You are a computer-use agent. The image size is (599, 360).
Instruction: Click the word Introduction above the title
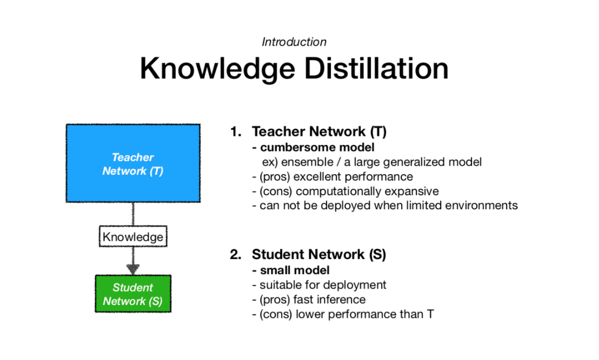point(294,42)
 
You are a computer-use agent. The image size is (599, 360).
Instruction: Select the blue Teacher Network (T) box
point(133,163)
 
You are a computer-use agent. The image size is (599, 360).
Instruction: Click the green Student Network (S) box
point(133,294)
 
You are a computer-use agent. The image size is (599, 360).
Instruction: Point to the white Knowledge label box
point(132,237)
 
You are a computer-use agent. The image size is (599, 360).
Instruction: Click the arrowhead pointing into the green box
point(133,269)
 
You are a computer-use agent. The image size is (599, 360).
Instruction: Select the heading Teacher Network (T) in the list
point(319,131)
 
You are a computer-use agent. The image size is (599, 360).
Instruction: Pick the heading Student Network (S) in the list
point(318,254)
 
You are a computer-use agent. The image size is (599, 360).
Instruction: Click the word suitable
point(279,285)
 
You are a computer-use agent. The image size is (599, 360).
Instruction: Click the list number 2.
point(235,254)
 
